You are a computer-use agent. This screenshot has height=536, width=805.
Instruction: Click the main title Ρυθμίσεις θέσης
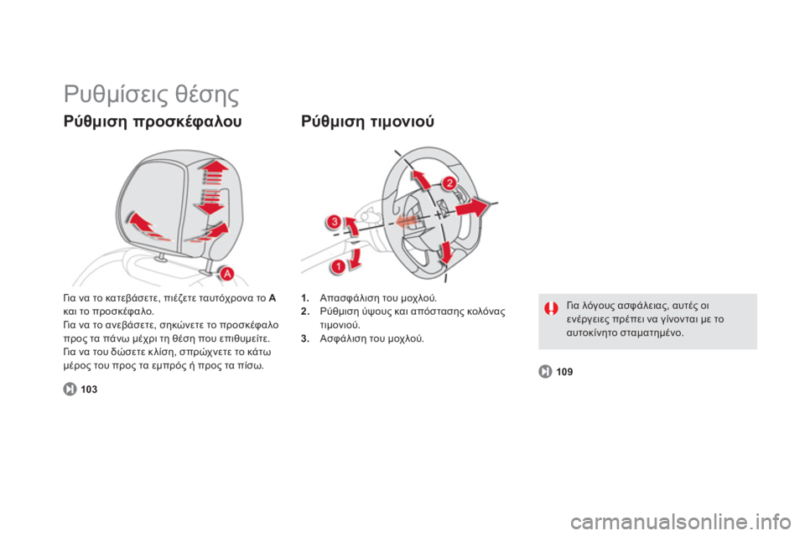coord(152,95)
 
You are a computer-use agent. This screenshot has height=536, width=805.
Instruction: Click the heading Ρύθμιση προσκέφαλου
coord(153,121)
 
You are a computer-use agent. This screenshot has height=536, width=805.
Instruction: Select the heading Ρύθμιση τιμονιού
coord(367,121)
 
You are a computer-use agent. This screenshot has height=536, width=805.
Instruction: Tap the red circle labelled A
coord(226,274)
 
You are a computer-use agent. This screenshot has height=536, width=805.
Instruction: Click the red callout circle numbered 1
coord(338,266)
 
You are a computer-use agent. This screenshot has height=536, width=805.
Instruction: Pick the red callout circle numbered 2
coord(449,183)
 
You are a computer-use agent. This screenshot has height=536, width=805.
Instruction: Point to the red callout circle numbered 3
coord(335,222)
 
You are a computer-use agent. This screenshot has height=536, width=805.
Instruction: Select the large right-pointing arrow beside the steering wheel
coord(471,207)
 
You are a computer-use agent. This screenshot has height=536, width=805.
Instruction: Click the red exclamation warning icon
coord(551,308)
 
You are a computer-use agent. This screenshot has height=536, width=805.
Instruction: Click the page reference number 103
coord(89,389)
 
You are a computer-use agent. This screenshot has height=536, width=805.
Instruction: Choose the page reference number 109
coord(564,372)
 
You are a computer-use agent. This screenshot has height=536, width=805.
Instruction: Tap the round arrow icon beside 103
coord(70,389)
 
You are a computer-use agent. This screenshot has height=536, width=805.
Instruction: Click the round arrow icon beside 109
coord(545,371)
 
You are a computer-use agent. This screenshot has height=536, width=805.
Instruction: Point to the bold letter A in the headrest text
coord(272,297)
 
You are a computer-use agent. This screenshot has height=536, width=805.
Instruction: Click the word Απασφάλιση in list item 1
coord(345,298)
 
